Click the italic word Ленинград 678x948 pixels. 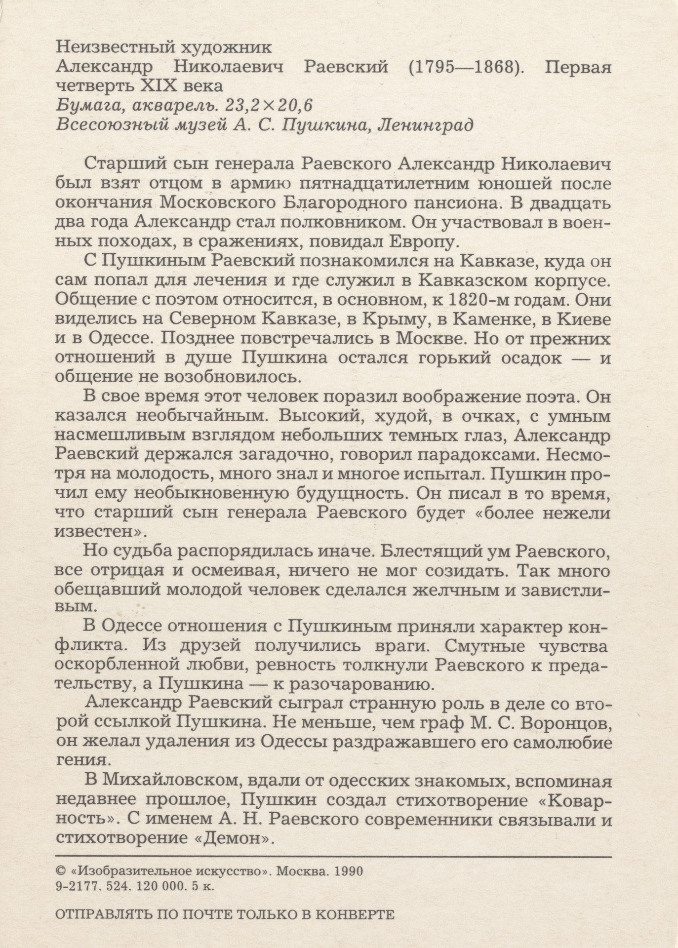point(425,124)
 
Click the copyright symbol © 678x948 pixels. point(61,871)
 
